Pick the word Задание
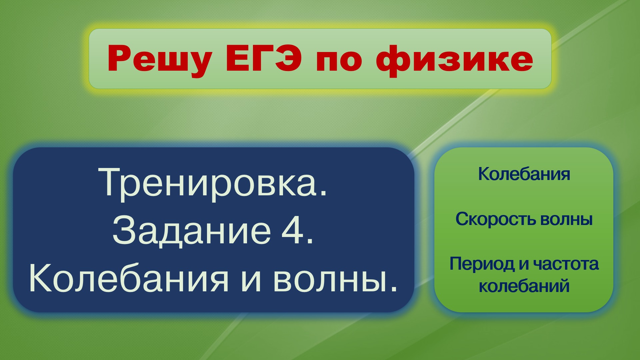[191, 231]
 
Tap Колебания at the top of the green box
[524, 174]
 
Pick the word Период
[482, 264]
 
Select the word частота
[566, 264]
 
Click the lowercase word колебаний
[524, 286]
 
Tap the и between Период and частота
[524, 264]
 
